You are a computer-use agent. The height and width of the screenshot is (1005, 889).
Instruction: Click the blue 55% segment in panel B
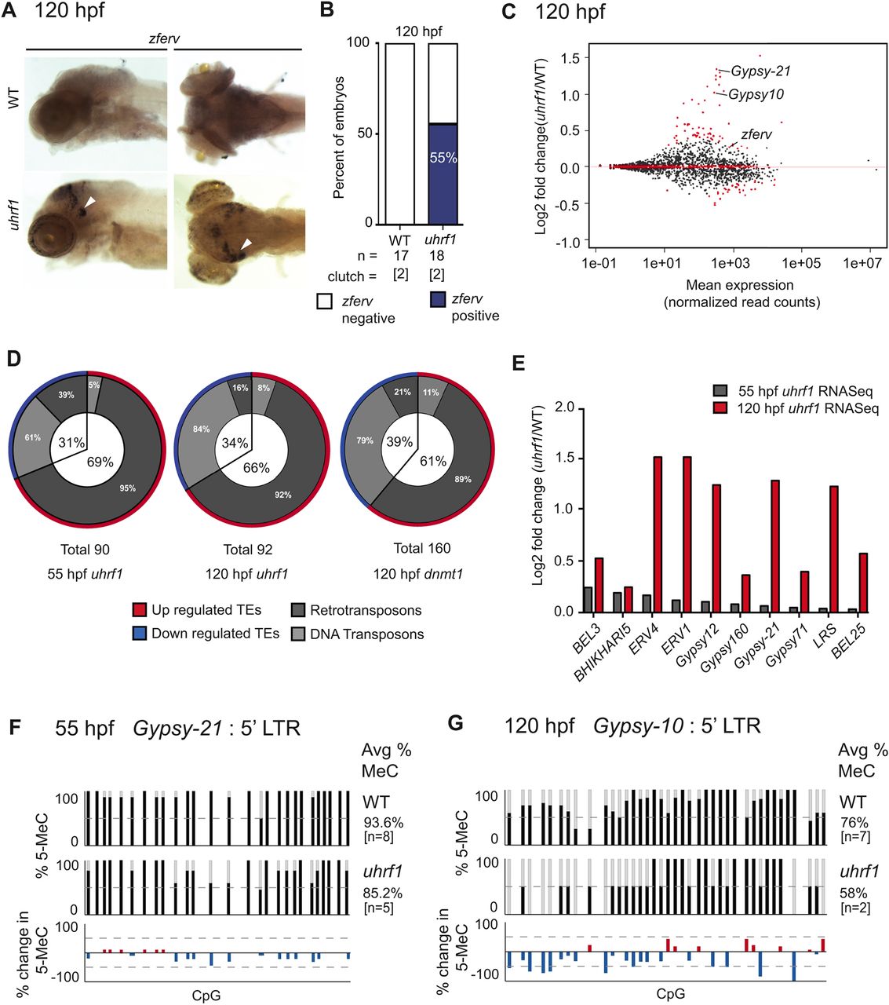tap(443, 174)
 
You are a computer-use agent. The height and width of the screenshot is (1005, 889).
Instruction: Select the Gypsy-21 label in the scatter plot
tap(760, 71)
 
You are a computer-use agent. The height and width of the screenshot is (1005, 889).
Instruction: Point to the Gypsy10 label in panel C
tap(756, 95)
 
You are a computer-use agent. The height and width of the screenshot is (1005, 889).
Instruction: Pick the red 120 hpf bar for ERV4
tap(658, 534)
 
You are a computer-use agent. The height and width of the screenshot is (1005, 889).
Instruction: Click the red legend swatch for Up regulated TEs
tap(139, 610)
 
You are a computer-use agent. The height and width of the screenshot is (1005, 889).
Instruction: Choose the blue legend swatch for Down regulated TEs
tap(139, 634)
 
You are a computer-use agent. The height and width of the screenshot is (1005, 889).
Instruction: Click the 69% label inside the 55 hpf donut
tap(100, 462)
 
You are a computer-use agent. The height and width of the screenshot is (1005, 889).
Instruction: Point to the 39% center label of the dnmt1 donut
tap(399, 442)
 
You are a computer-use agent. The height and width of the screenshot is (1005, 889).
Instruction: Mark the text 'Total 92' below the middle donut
tap(248, 550)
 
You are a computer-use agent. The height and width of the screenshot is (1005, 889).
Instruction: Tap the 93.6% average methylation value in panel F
tap(383, 823)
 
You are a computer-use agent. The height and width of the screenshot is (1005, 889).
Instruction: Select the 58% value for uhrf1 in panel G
tap(854, 894)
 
